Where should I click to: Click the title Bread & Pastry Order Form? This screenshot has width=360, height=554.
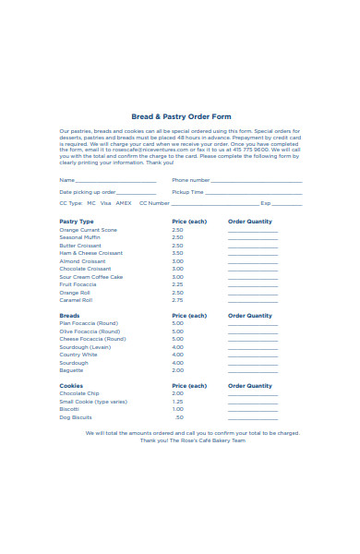pyautogui.click(x=181, y=117)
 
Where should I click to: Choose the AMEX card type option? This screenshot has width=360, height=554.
pyautogui.click(x=124, y=202)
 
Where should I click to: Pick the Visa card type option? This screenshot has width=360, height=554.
pyautogui.click(x=106, y=202)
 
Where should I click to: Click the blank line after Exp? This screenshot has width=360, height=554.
pyautogui.click(x=287, y=204)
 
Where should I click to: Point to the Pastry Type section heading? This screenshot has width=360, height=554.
pyautogui.click(x=77, y=222)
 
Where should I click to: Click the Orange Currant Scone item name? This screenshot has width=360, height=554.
pyautogui.click(x=89, y=230)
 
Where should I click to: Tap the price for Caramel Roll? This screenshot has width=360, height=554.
pyautogui.click(x=177, y=300)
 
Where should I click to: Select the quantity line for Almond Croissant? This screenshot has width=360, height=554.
pyautogui.click(x=252, y=262)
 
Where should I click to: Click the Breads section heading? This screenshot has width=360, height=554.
pyautogui.click(x=69, y=316)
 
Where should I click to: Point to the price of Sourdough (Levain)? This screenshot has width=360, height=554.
pyautogui.click(x=177, y=347)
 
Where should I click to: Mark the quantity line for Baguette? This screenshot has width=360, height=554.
pyautogui.click(x=252, y=371)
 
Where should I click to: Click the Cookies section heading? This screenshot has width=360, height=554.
pyautogui.click(x=71, y=386)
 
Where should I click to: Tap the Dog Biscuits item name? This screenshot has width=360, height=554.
pyautogui.click(x=78, y=417)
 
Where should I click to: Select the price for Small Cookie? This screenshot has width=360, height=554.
pyautogui.click(x=177, y=402)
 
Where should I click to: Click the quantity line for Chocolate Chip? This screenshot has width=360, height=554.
pyautogui.click(x=252, y=395)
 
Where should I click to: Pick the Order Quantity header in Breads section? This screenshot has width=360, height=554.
pyautogui.click(x=250, y=316)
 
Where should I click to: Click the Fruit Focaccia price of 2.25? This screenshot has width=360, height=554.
pyautogui.click(x=177, y=284)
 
